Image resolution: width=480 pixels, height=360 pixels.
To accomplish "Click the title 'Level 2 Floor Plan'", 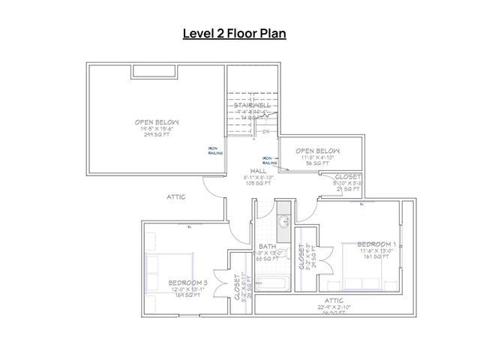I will point(235,34).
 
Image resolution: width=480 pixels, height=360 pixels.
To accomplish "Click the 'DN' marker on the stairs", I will point(266,131).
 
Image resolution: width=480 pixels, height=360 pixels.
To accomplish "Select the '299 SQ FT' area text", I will point(156,136).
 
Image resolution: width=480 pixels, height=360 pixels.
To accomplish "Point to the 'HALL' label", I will point(256,170).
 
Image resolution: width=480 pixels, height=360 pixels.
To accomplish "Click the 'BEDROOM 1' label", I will point(376,244).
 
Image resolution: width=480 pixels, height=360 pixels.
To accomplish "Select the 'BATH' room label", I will point(267,246).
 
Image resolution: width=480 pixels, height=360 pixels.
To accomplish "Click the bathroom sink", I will point(282,222).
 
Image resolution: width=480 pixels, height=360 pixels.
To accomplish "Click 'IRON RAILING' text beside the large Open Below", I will point(214,149).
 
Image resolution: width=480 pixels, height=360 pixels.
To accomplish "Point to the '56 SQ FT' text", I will point(313,163).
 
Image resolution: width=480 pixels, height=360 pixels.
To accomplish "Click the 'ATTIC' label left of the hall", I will point(176,196).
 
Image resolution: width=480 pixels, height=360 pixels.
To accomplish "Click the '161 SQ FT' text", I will point(376,257).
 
